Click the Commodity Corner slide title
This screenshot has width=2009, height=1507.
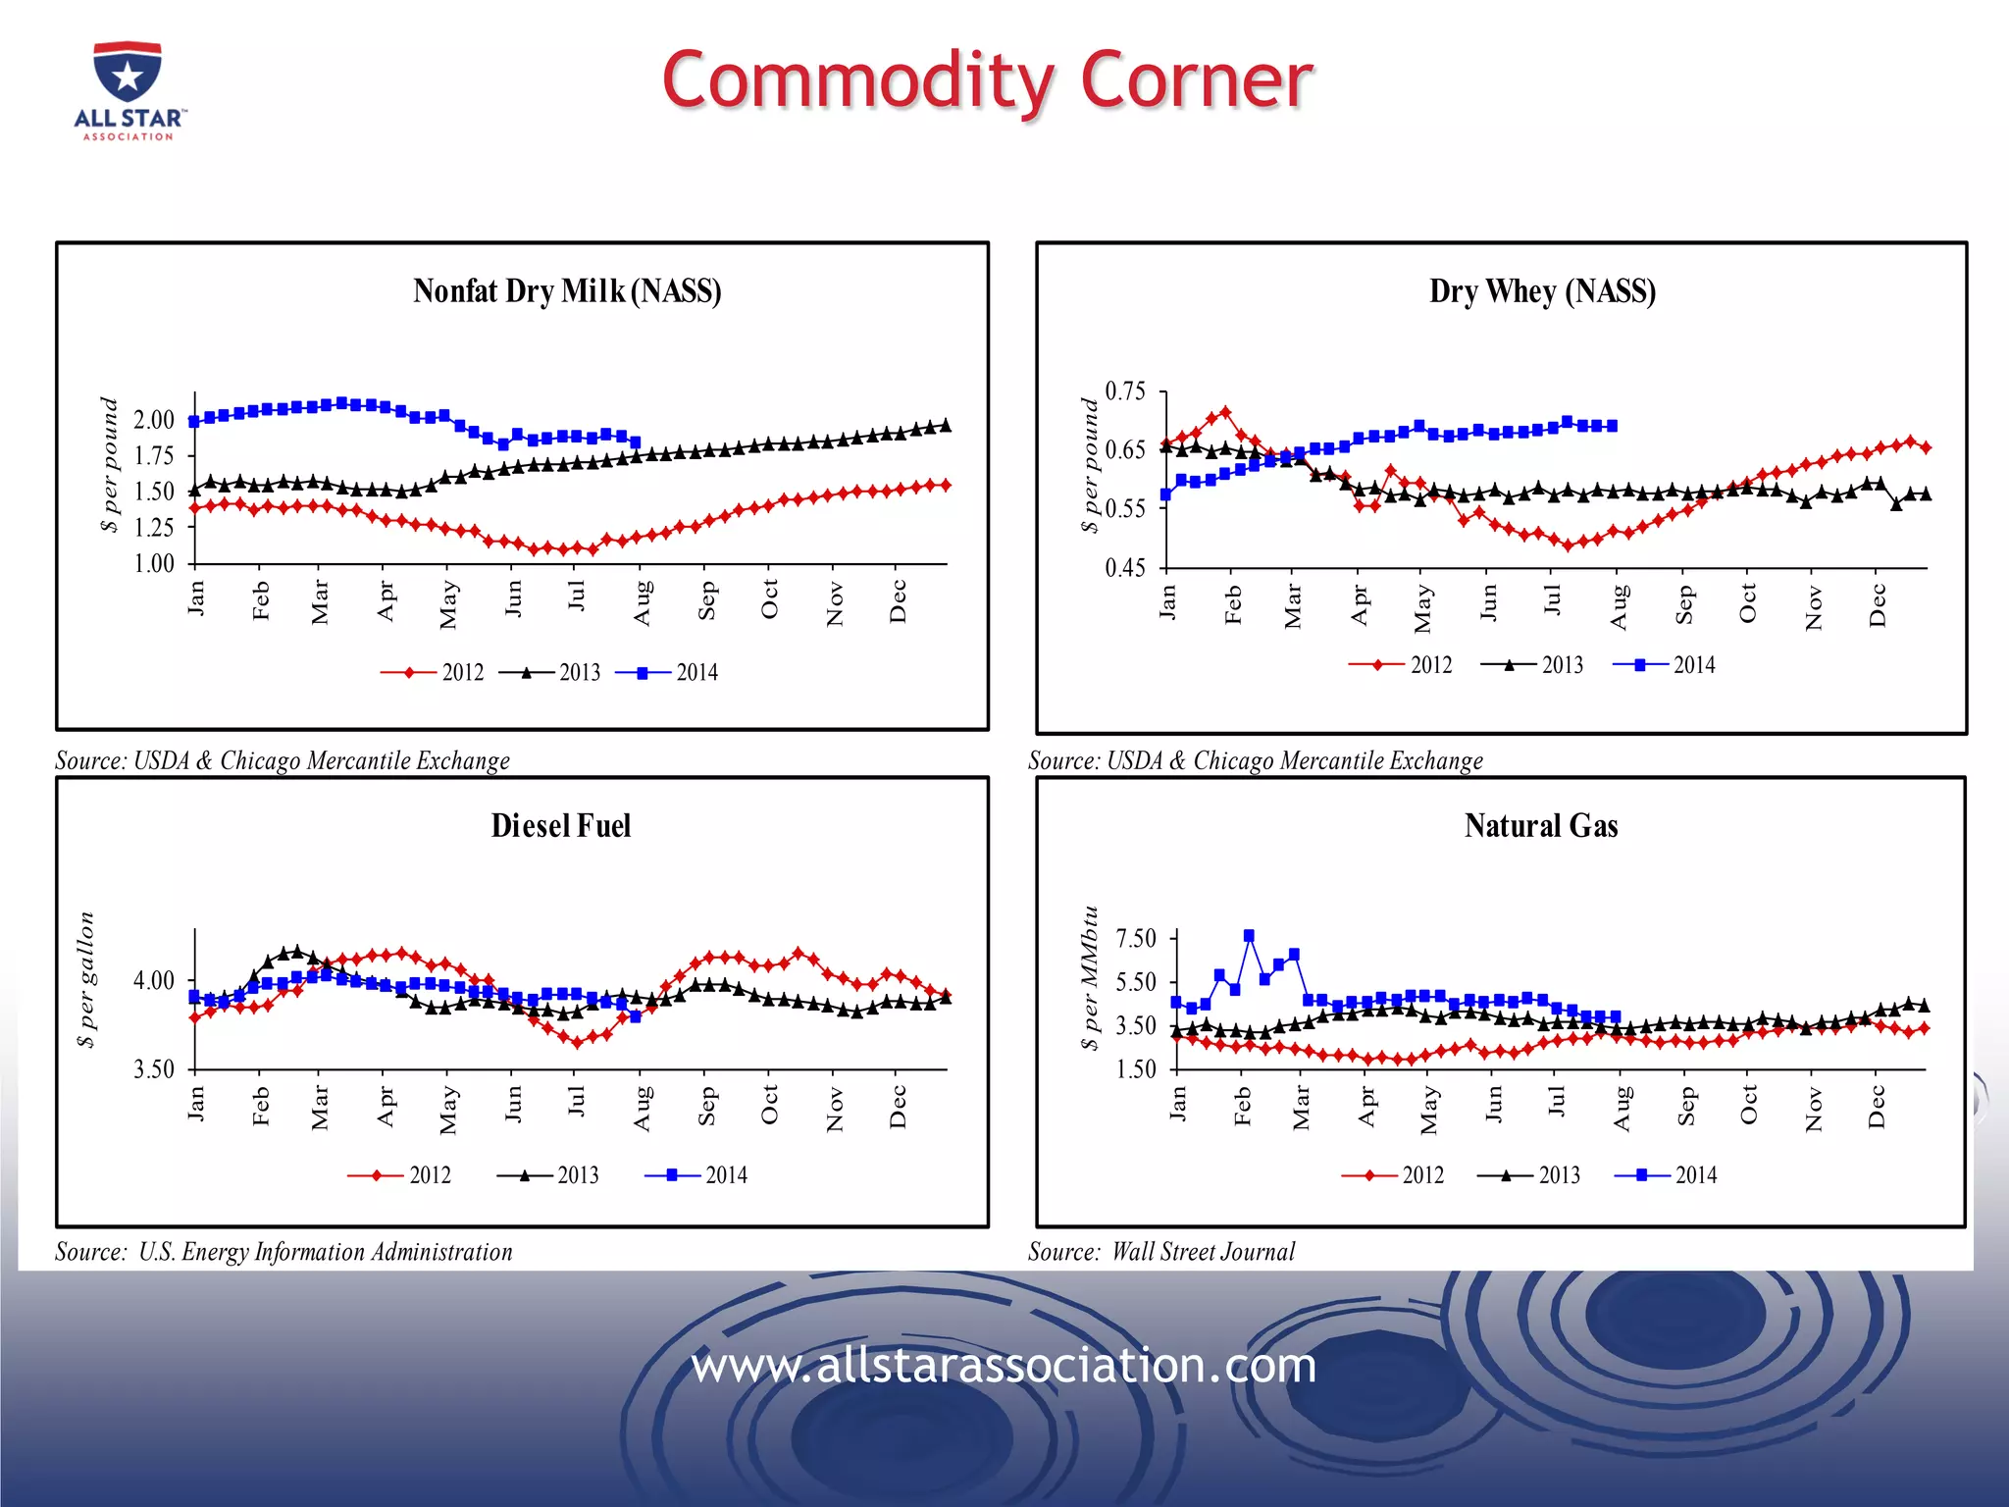point(987,80)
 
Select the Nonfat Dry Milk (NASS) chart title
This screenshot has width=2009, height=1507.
point(567,291)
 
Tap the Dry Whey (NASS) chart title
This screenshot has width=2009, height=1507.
point(1542,291)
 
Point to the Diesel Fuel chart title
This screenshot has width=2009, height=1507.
point(560,826)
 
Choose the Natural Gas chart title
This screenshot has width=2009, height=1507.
point(1541,826)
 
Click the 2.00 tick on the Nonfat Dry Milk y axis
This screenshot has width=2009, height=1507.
point(154,420)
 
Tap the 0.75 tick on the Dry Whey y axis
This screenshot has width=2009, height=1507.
point(1125,391)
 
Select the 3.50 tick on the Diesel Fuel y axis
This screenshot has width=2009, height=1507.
point(154,1069)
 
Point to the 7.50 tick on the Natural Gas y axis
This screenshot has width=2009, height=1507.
point(1137,938)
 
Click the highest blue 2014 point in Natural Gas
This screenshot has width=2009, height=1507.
point(1249,936)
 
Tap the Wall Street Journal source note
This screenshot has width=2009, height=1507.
point(1161,1252)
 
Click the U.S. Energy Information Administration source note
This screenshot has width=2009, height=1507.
point(283,1252)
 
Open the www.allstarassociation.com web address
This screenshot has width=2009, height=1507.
point(1004,1365)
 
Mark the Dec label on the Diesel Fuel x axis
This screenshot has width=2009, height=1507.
point(898,1107)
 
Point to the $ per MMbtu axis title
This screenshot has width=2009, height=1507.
point(1089,977)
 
